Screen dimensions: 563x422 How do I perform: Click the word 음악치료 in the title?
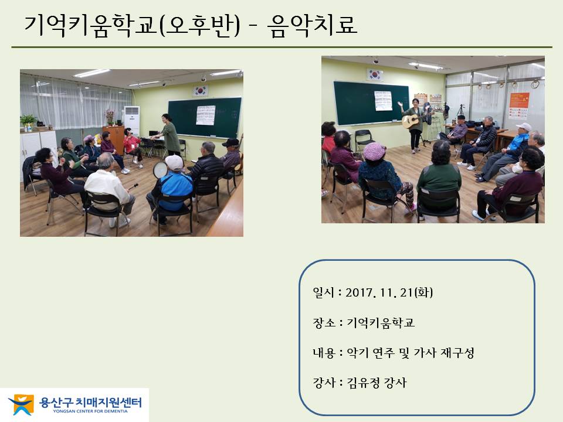313,25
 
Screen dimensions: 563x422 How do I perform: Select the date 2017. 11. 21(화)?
389,292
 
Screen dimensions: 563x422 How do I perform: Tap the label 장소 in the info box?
324,322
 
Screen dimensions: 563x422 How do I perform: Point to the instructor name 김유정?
363,383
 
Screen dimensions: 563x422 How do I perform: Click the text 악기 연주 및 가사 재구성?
411,353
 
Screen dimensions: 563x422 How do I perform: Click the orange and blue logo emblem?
21,405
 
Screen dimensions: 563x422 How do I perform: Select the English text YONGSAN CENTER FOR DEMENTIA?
90,411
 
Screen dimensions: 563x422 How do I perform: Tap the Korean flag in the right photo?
375,74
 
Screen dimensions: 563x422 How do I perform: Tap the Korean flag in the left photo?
200,91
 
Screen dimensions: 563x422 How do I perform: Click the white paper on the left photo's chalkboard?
205,115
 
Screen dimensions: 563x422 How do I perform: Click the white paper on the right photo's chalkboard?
383,101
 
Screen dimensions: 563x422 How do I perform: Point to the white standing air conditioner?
132,120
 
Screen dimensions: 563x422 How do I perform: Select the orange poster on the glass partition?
519,106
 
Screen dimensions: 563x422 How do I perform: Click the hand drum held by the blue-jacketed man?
160,170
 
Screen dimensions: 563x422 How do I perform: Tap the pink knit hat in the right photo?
374,151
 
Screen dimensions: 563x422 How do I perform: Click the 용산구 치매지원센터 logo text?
90,402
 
